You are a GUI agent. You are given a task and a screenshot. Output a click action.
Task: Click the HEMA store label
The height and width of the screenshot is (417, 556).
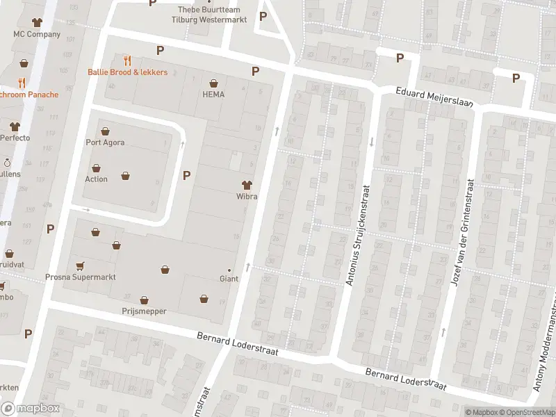213,95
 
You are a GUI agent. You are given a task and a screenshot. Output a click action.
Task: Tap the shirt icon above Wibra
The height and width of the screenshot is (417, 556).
246,185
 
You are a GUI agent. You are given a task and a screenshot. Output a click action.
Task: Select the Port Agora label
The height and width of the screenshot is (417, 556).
105,143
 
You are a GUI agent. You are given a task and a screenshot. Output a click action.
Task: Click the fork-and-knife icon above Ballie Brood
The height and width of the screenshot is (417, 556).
127,60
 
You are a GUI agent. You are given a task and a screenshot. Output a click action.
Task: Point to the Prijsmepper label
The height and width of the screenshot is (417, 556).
144,311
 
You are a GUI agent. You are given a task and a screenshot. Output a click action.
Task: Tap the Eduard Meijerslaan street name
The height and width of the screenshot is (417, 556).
434,97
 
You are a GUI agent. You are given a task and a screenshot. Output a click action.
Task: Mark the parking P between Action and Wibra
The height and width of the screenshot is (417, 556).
186,175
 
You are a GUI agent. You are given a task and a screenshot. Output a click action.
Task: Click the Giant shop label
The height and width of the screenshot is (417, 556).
229,279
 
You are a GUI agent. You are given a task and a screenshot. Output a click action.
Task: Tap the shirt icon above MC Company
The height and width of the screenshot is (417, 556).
31,22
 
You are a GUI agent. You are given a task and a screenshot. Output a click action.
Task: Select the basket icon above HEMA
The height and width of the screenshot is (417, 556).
213,83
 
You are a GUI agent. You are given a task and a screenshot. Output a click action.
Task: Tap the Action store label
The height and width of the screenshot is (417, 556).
96,179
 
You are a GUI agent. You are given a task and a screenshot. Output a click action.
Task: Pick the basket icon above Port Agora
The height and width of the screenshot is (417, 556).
105,131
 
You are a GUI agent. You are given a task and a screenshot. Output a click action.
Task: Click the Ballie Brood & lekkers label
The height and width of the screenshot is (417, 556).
127,72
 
